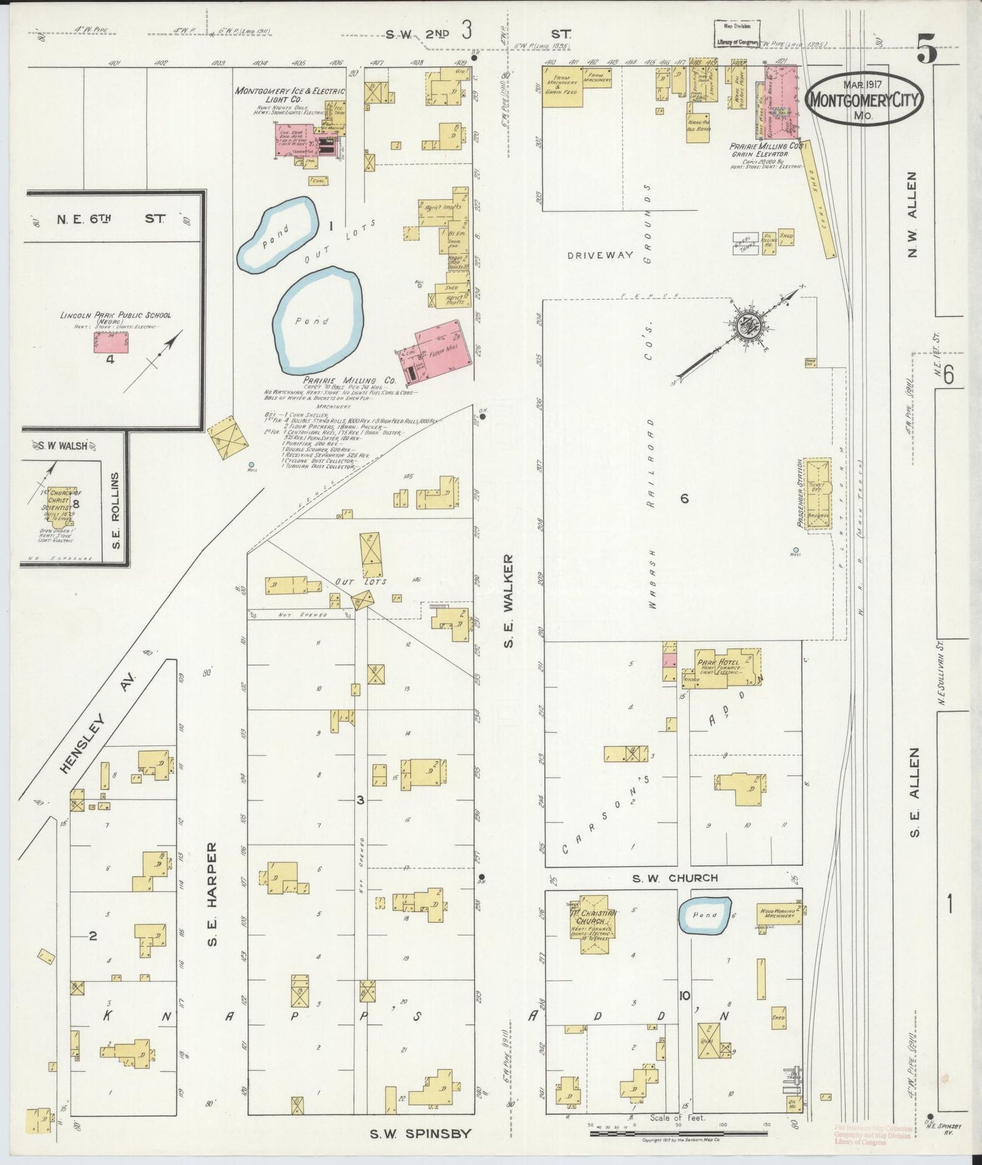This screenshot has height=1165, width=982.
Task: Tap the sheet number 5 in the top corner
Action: point(927,50)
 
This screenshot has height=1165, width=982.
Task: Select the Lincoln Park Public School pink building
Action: point(110,343)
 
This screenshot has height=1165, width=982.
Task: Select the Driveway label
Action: point(601,255)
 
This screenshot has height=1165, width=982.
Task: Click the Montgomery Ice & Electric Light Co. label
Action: point(290,94)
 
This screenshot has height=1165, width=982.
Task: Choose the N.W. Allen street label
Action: point(912,214)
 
